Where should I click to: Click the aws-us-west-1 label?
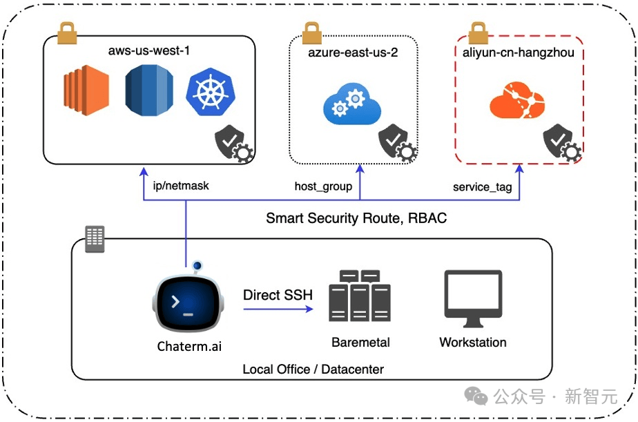coord(149,52)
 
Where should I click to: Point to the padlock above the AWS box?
coord(67,31)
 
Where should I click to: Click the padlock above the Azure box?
coord(311,32)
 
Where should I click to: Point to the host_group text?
coord(323,186)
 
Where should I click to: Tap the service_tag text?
coord(482,186)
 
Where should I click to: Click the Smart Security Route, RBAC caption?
coord(356,218)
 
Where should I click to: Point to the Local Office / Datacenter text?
coord(313,369)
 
